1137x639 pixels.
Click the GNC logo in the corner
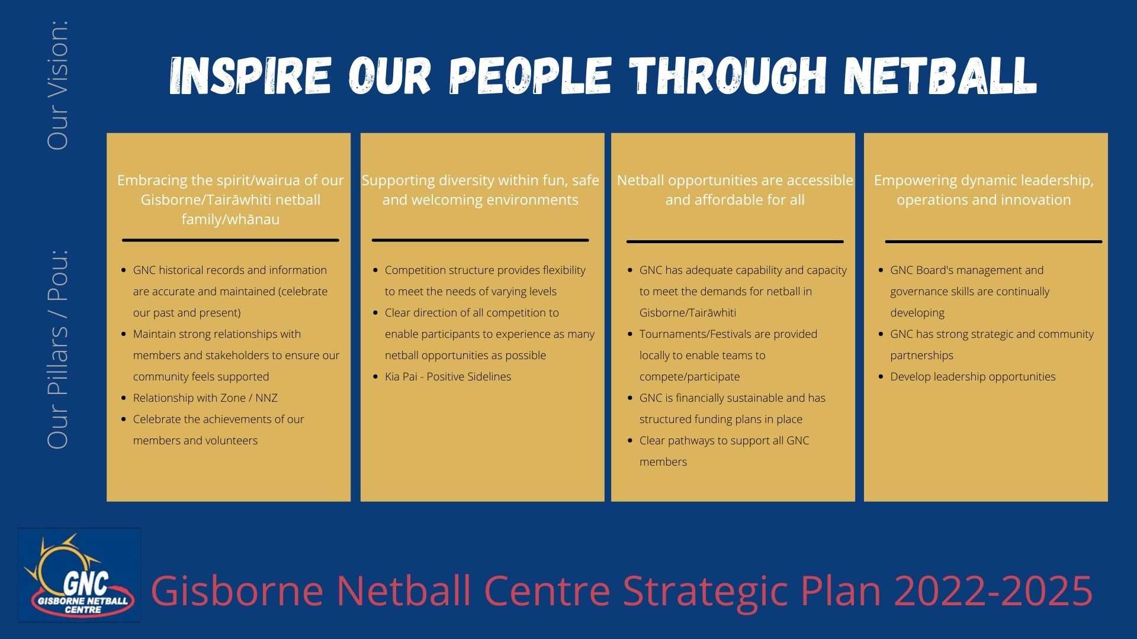(x=79, y=575)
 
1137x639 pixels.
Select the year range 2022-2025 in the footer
(x=993, y=590)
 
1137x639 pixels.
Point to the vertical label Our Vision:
(x=58, y=85)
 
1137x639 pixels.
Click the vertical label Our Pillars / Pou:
(x=58, y=349)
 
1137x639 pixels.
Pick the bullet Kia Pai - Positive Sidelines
(x=448, y=377)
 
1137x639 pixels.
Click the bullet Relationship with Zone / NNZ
(x=205, y=398)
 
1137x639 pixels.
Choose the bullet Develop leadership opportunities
(x=972, y=377)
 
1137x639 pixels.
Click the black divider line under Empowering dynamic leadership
(x=993, y=241)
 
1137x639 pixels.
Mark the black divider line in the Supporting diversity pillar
(x=480, y=240)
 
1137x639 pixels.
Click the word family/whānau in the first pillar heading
(x=230, y=220)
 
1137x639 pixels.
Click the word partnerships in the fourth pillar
(x=921, y=356)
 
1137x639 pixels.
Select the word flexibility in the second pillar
(x=564, y=270)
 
